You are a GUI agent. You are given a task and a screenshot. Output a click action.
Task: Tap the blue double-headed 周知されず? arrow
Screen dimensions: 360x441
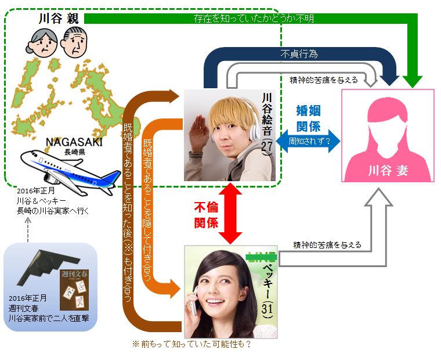point(309,141)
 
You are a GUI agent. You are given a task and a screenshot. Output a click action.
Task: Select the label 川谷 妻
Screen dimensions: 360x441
point(387,171)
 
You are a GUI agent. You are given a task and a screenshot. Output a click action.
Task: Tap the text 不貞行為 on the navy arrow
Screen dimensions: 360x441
point(299,55)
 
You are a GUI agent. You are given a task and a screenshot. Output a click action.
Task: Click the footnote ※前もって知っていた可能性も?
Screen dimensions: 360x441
point(191,344)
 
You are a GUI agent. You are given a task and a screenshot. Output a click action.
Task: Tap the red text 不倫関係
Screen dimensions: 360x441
point(205,213)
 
